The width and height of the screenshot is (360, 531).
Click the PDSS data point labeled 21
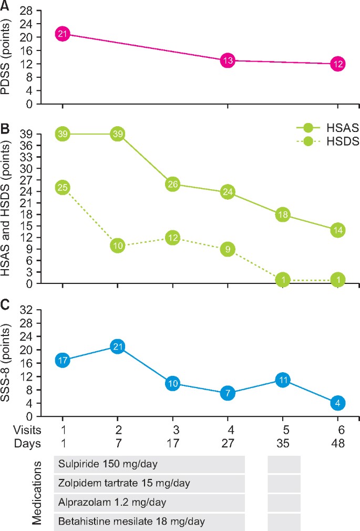(x=63, y=34)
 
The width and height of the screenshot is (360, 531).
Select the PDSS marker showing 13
(x=227, y=60)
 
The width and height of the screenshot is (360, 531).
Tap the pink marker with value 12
(x=338, y=64)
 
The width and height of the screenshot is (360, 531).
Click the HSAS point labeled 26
(x=172, y=184)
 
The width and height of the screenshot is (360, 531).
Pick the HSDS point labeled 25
(x=63, y=188)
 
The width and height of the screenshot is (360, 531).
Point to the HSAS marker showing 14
(x=338, y=230)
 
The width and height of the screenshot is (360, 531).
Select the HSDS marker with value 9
(x=227, y=249)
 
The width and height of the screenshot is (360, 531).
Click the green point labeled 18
(x=283, y=215)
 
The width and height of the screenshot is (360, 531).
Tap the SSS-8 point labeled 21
(x=118, y=346)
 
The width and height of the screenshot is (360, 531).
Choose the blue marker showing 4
(x=338, y=403)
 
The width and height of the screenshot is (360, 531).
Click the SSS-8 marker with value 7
(x=227, y=393)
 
